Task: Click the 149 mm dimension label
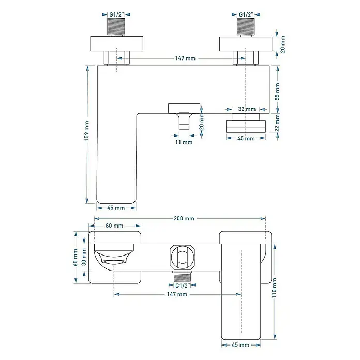(185, 58)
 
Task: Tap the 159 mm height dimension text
(87, 131)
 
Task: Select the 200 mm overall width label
(184, 218)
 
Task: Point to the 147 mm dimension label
(177, 294)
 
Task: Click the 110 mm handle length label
(274, 288)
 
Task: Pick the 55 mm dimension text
(277, 92)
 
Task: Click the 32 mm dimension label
(247, 109)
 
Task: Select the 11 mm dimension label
(184, 142)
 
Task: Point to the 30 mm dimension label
(84, 257)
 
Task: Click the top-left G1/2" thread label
(116, 14)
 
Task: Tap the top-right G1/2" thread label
(246, 14)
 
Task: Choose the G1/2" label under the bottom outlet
(183, 286)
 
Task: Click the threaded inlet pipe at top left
(116, 27)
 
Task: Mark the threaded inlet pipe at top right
(246, 27)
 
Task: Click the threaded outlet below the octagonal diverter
(183, 276)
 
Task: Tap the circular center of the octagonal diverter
(183, 257)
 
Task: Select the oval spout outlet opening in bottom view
(114, 262)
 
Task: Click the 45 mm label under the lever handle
(241, 345)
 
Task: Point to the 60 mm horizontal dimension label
(114, 226)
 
